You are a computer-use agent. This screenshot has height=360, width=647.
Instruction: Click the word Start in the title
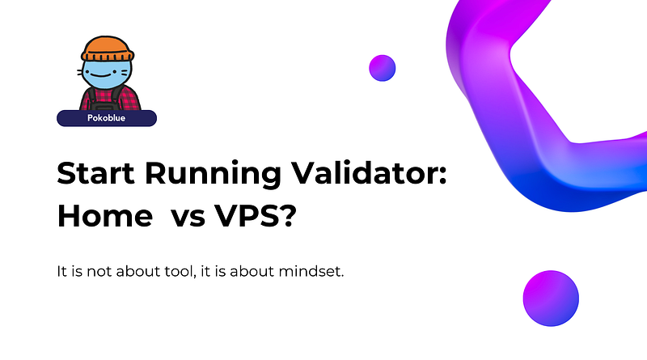pyautogui.click(x=95, y=173)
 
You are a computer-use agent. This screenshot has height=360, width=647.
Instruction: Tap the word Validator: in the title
pyautogui.click(x=369, y=172)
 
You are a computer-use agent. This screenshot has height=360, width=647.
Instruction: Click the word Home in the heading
pyautogui.click(x=105, y=216)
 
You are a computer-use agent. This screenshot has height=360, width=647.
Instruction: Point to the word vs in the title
pyautogui.click(x=188, y=218)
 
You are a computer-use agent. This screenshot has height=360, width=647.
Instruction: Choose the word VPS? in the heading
pyautogui.click(x=256, y=215)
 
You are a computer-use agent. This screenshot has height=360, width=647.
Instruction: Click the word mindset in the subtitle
pyautogui.click(x=311, y=271)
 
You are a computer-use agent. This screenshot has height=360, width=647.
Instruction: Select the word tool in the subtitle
pyautogui.click(x=180, y=271)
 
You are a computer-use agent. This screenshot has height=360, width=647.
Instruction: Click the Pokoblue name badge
pyautogui.click(x=107, y=118)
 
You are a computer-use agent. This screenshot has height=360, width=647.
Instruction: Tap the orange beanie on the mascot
pyautogui.click(x=108, y=49)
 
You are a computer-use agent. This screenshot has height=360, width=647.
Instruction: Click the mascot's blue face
pyautogui.click(x=107, y=74)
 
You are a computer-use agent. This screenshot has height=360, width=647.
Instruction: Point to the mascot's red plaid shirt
pyautogui.click(x=110, y=99)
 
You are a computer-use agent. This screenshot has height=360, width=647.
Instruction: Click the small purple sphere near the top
pyautogui.click(x=382, y=68)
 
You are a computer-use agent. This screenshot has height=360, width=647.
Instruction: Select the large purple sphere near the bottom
pyautogui.click(x=551, y=298)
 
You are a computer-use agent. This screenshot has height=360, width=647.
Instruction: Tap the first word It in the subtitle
pyautogui.click(x=61, y=271)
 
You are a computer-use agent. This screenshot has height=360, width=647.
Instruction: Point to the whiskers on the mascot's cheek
pyautogui.click(x=79, y=72)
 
